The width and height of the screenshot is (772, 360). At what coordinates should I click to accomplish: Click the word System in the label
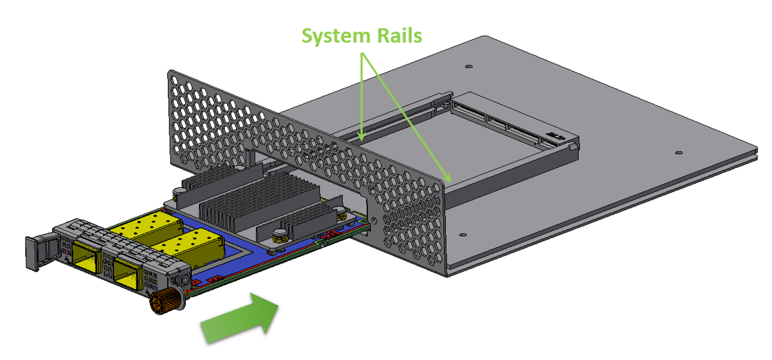(336, 36)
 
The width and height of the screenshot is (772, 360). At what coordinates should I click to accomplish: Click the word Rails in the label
(396, 36)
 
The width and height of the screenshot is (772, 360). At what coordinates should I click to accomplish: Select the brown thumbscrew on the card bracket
(164, 301)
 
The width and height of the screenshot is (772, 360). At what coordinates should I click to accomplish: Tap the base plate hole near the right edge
(678, 153)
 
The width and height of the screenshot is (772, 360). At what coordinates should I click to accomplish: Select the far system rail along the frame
(399, 121)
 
